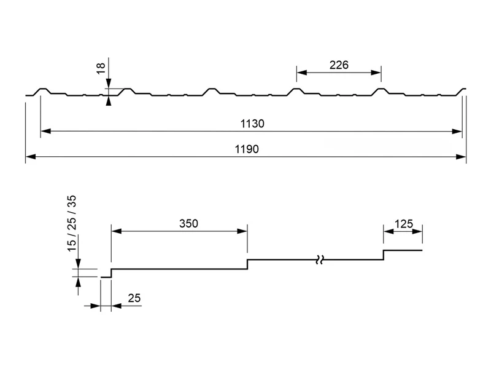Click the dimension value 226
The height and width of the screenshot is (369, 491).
coord(339,65)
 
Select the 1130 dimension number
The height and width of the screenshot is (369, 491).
coord(252,124)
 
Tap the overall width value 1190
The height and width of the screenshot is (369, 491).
coord(247,149)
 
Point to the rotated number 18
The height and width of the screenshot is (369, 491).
coord(101,68)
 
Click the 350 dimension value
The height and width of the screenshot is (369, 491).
coord(188,223)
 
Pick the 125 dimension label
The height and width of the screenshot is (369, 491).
coord(404,224)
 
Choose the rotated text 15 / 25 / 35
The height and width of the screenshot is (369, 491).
coord(72,223)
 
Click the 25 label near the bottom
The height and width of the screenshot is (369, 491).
coord(134,298)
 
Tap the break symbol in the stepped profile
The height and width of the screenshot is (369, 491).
coord(319,260)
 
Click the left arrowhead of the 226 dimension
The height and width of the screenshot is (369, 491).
coord(301,73)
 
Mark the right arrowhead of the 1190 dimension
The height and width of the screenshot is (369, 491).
coord(461,157)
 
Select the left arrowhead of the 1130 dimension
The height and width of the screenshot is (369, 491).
coord(45,131)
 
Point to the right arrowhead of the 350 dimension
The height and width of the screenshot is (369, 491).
coord(242,231)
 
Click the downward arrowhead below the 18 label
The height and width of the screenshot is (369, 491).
coord(109,84)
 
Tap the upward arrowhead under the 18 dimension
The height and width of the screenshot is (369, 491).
coord(109,101)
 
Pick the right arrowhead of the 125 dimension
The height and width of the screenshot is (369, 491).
coord(417,232)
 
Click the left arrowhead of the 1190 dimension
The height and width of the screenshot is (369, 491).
coord(30,157)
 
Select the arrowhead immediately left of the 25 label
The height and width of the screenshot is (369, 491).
coord(95,306)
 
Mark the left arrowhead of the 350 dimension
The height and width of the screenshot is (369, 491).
coord(117,231)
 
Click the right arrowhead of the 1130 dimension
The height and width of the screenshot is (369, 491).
coord(457,131)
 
